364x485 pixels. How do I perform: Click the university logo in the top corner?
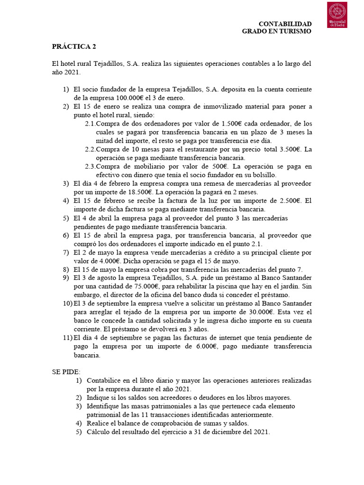click(337, 15)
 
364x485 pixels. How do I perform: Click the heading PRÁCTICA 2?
click(74, 46)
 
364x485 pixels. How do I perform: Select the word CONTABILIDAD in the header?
click(284, 24)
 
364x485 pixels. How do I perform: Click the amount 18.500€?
click(138, 192)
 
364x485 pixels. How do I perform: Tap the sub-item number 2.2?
click(90, 149)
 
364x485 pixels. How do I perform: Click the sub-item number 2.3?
click(90, 166)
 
